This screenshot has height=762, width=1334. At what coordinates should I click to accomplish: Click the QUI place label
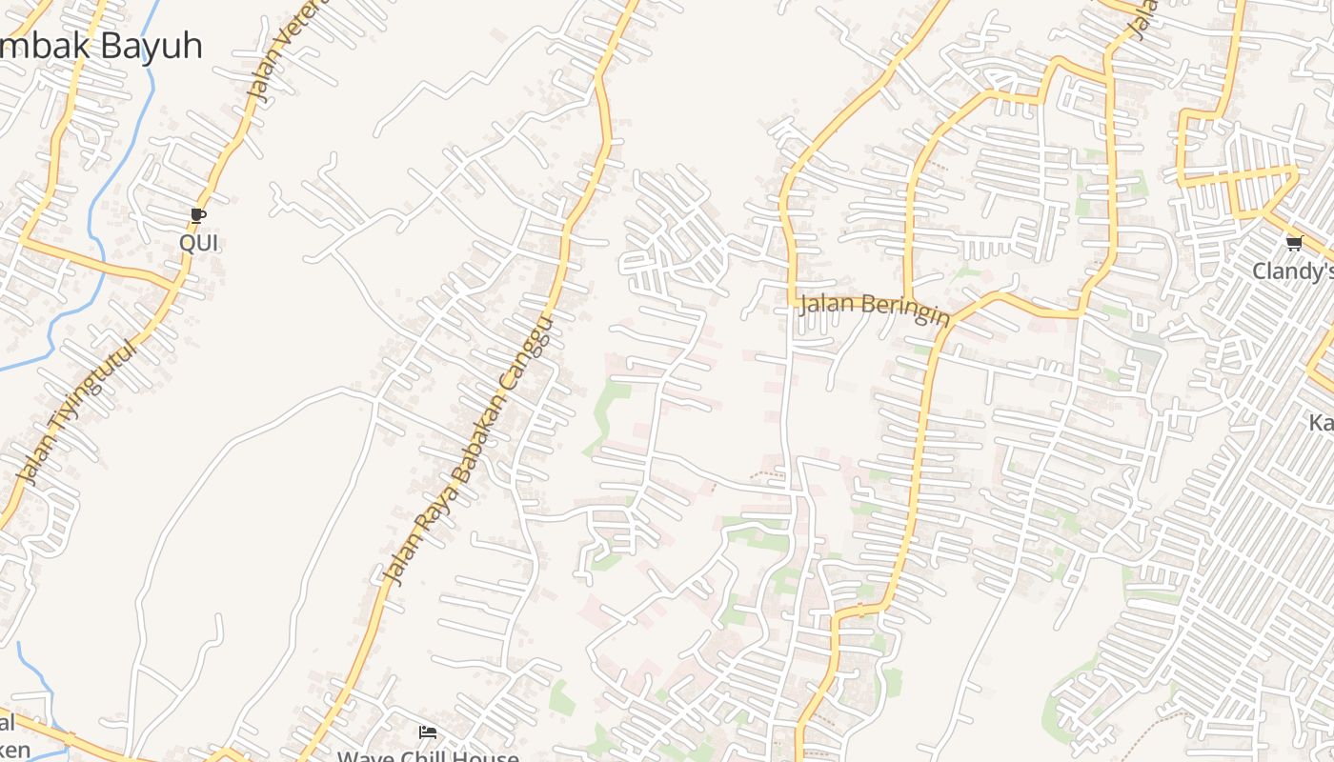(x=199, y=243)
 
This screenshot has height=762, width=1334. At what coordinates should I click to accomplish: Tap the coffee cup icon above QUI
(x=198, y=216)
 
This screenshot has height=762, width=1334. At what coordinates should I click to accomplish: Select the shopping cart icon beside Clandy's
(x=1294, y=244)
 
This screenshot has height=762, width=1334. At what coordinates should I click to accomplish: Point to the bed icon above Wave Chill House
(x=428, y=732)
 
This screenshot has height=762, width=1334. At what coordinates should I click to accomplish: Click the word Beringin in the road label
(x=905, y=309)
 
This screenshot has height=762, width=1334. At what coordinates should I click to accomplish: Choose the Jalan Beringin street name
(x=875, y=307)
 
